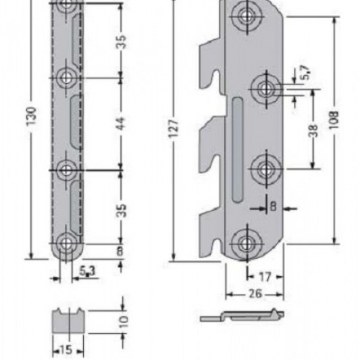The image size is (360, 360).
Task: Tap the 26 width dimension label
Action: pyautogui.click(x=255, y=295)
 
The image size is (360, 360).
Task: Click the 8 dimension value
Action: pyautogui.click(x=120, y=251)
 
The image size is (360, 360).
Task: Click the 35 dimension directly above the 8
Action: pyautogui.click(x=120, y=210)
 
